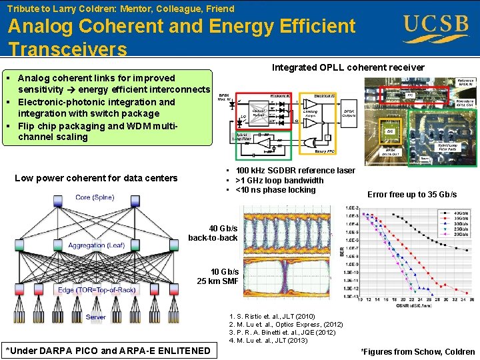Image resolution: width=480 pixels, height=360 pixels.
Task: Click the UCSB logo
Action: point(436,27)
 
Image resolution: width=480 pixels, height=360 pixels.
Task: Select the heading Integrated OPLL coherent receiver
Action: point(348,67)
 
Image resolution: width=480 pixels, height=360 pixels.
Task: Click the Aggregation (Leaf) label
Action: point(97,245)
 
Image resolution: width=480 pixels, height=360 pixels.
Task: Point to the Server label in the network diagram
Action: point(95,317)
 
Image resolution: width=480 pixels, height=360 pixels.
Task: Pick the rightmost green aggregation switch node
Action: point(175,245)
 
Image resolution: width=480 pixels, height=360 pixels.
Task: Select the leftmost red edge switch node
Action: point(20,289)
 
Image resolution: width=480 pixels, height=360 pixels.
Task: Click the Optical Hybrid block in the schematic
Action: point(260,113)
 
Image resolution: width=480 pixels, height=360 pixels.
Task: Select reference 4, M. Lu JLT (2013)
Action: point(269,341)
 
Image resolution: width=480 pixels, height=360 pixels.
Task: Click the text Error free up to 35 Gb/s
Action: point(412,195)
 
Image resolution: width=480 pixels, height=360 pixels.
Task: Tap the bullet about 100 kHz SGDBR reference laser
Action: point(290,171)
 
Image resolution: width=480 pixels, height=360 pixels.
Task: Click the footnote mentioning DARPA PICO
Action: point(108,351)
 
